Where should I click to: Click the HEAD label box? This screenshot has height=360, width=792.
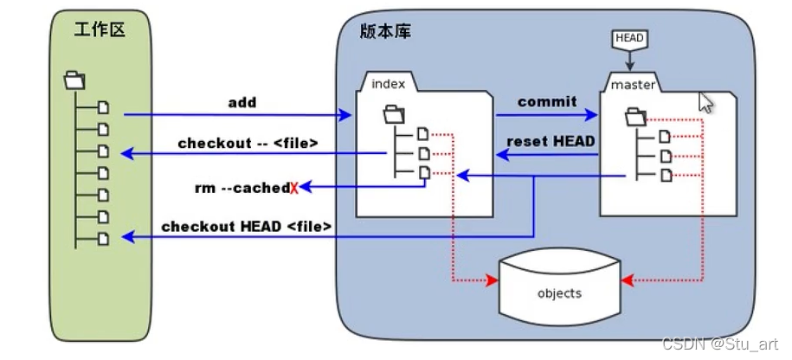tap(629, 39)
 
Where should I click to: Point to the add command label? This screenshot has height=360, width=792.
tap(242, 103)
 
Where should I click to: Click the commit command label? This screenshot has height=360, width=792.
tap(547, 101)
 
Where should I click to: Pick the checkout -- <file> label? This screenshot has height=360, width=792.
tap(248, 143)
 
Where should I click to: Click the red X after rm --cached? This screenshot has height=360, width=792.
tap(294, 188)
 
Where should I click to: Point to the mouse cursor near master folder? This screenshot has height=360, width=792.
tap(705, 102)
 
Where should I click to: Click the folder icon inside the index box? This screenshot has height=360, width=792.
tap(394, 113)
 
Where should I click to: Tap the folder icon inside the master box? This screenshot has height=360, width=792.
tap(635, 114)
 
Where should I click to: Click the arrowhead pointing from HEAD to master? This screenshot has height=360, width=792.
tap(629, 66)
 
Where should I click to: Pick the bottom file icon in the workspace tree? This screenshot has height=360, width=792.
tap(103, 237)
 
